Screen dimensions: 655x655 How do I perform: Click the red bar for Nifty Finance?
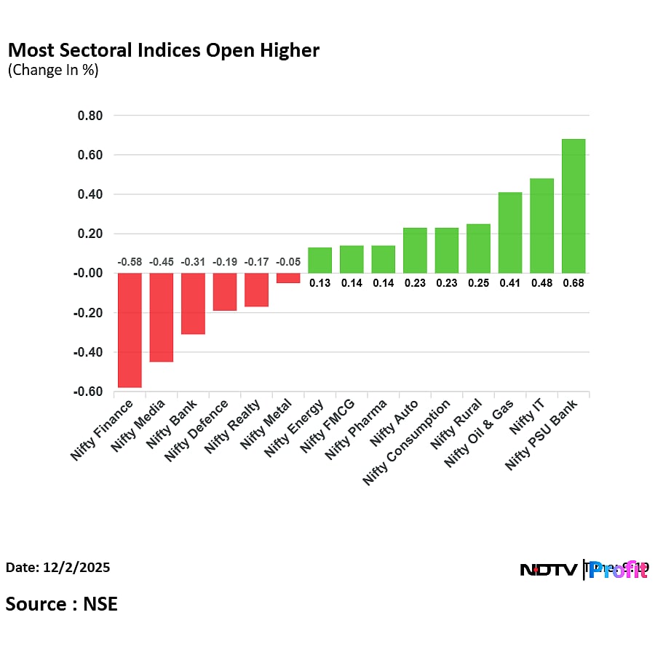pos(130,330)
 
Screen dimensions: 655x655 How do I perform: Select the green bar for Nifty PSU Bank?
pos(573,206)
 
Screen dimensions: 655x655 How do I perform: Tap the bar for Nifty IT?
pos(541,226)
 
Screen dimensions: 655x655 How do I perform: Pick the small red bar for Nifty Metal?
pos(288,278)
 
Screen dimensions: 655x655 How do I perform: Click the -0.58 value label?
pos(130,262)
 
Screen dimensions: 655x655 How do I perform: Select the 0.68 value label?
pos(573,283)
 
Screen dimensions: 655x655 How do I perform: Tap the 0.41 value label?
pos(510,283)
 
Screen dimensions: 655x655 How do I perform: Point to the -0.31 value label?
pos(193,262)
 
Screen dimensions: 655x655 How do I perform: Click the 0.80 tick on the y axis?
pos(90,116)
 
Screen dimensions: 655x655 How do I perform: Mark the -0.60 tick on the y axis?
pos(88,392)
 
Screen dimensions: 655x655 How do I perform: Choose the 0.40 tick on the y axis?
pos(90,194)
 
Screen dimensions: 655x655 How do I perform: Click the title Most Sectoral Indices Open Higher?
pos(163,50)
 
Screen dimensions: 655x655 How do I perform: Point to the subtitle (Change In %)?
pos(52,71)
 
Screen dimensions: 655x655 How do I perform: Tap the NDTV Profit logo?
pos(584,570)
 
